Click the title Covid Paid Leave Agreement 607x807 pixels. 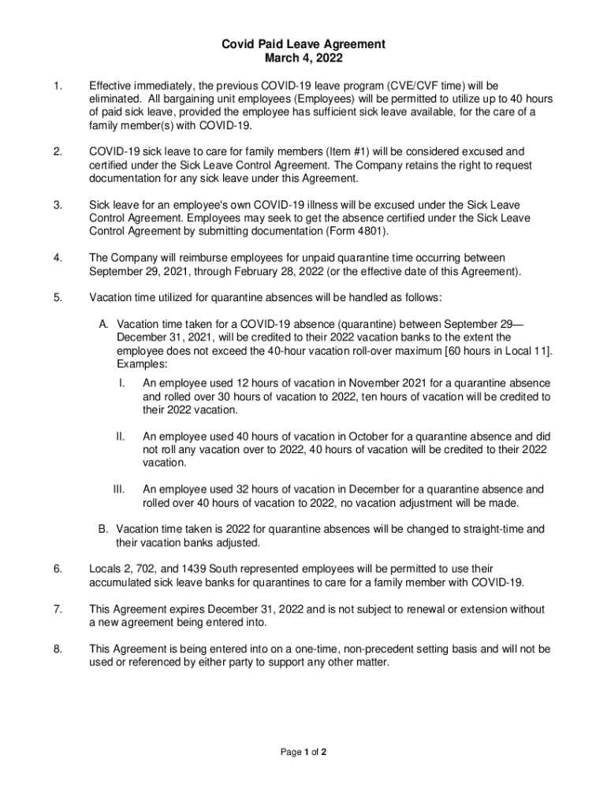pos(303,45)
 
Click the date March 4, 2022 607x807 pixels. pos(303,58)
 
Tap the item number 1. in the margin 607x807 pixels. pos(58,85)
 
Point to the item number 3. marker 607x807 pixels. pos(58,205)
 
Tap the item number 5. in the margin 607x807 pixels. pos(58,298)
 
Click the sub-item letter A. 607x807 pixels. pos(103,324)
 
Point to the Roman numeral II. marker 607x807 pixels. pos(121,436)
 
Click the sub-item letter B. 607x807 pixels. pos(103,530)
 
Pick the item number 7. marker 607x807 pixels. pos(58,609)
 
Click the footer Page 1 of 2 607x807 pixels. pos(303,752)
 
